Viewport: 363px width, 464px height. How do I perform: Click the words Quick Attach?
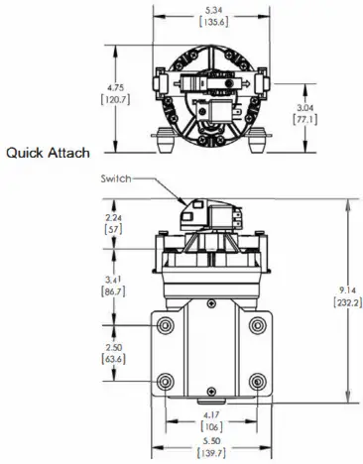[49, 153]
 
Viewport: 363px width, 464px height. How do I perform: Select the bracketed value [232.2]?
[347, 301]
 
